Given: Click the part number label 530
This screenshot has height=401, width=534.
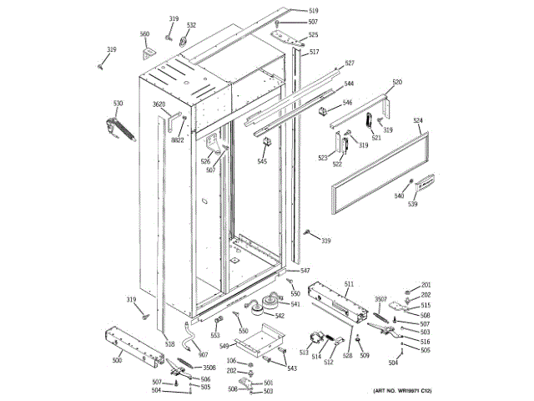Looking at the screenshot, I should pos(118,104).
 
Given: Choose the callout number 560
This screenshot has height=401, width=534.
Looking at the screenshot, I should pos(144,34).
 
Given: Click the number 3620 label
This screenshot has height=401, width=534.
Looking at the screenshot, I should pos(159,104).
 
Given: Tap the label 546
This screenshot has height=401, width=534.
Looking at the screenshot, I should pos(347,103).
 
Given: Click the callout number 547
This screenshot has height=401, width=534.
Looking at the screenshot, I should pos(305,271).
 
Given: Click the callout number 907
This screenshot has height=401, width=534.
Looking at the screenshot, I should pos(203,355).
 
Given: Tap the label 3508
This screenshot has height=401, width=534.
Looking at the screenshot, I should pos(209,368).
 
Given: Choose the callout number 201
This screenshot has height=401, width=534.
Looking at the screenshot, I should pos(426,285).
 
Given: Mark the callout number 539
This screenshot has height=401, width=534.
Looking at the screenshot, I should pos(412,205).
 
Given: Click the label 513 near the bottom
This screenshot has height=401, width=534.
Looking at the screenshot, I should pos(304,353).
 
